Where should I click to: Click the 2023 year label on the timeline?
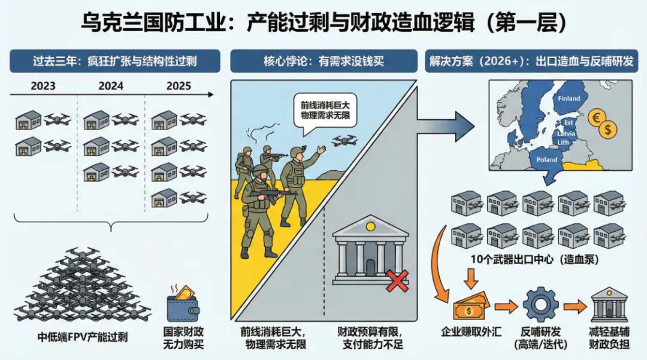pos(44,86)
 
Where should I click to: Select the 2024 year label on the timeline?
pos(110,86)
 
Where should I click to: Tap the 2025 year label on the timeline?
pos(178,86)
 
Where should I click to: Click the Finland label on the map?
pos(569,98)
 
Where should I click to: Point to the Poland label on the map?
pos(546,160)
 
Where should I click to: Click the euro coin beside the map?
pos(597,116)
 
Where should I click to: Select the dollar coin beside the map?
pos(608,129)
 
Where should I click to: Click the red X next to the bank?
pos(397,280)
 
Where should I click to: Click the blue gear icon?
pos(540,305)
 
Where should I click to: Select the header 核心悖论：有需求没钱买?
pos(323,61)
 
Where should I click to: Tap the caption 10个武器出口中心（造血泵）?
pos(536,259)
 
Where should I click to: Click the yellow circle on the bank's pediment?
pos(370,226)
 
